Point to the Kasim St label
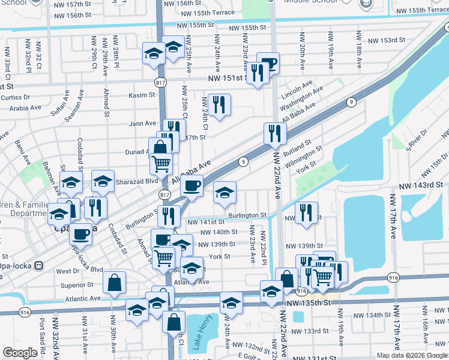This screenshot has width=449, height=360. pyautogui.click(x=142, y=95)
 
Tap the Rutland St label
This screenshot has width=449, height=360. pyautogui.click(x=299, y=146)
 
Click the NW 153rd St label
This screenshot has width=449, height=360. pyautogui.click(x=386, y=40)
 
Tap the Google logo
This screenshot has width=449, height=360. pyautogui.click(x=21, y=353)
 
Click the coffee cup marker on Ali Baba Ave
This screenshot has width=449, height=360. pyautogui.click(x=192, y=186)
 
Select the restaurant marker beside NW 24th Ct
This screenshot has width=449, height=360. pyautogui.click(x=218, y=105)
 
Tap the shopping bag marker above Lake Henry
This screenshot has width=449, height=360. pyautogui.click(x=173, y=322)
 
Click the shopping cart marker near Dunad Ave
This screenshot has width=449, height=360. pyautogui.click(x=161, y=163)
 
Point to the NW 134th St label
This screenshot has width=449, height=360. pyautogui.click(x=378, y=315)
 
